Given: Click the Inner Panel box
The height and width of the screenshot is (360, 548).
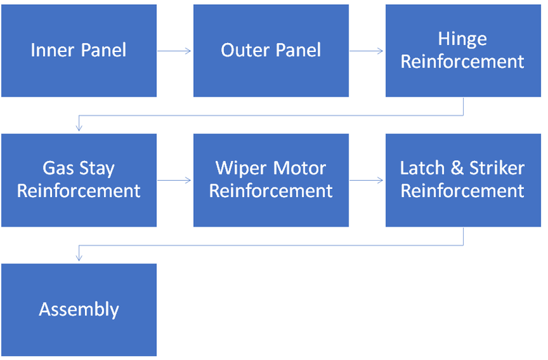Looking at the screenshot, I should [x=79, y=51].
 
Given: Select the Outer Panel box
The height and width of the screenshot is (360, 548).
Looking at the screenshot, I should [x=271, y=51].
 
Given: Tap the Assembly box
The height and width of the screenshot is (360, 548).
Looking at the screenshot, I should [x=79, y=309].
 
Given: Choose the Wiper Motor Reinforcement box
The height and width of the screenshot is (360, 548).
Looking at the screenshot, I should [x=271, y=180].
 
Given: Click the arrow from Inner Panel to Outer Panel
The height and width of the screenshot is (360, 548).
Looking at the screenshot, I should [x=175, y=51].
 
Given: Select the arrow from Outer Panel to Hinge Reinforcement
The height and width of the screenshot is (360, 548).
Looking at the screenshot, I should [x=366, y=51].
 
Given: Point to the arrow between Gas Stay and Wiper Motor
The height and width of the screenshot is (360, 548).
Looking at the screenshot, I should [x=175, y=180].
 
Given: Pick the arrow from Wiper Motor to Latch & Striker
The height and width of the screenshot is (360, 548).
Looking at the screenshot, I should [x=366, y=180].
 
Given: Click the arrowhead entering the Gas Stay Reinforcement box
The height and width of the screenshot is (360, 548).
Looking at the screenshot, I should [x=79, y=127].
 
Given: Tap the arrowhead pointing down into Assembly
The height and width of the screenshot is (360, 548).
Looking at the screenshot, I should [x=79, y=257].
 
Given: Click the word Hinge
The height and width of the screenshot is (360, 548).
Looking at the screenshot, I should [x=462, y=40].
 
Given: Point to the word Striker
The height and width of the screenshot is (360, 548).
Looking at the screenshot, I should [x=497, y=168].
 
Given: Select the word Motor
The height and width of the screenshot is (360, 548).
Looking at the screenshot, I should [x=300, y=168].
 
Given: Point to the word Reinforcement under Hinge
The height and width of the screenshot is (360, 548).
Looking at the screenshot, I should [x=462, y=62].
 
